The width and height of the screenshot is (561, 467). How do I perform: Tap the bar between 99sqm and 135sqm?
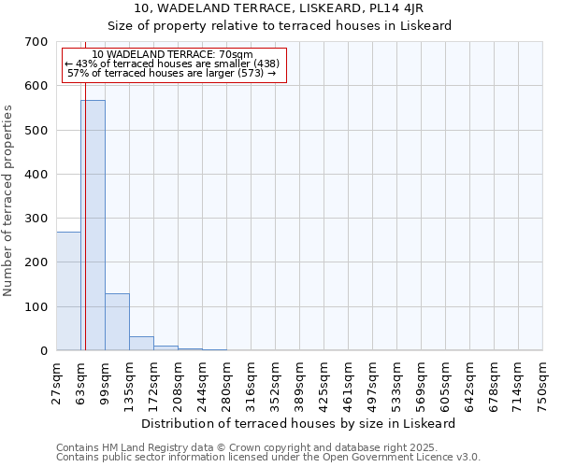[117, 322]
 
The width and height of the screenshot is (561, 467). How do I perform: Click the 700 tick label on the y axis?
[36, 42]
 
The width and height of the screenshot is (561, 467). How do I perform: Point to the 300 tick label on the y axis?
[36, 219]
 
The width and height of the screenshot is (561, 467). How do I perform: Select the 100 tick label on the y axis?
[36, 306]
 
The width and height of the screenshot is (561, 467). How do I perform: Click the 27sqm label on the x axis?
[57, 383]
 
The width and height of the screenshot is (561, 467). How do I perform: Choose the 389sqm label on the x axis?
[300, 383]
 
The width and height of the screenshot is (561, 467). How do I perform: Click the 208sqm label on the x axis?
[179, 383]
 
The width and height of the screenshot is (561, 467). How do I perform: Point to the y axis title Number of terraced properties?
[8, 201]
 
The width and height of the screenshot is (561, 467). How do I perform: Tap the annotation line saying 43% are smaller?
[172, 64]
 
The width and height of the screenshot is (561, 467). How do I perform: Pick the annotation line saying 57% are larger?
[172, 73]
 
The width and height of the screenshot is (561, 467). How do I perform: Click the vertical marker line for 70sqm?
[85, 233]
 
